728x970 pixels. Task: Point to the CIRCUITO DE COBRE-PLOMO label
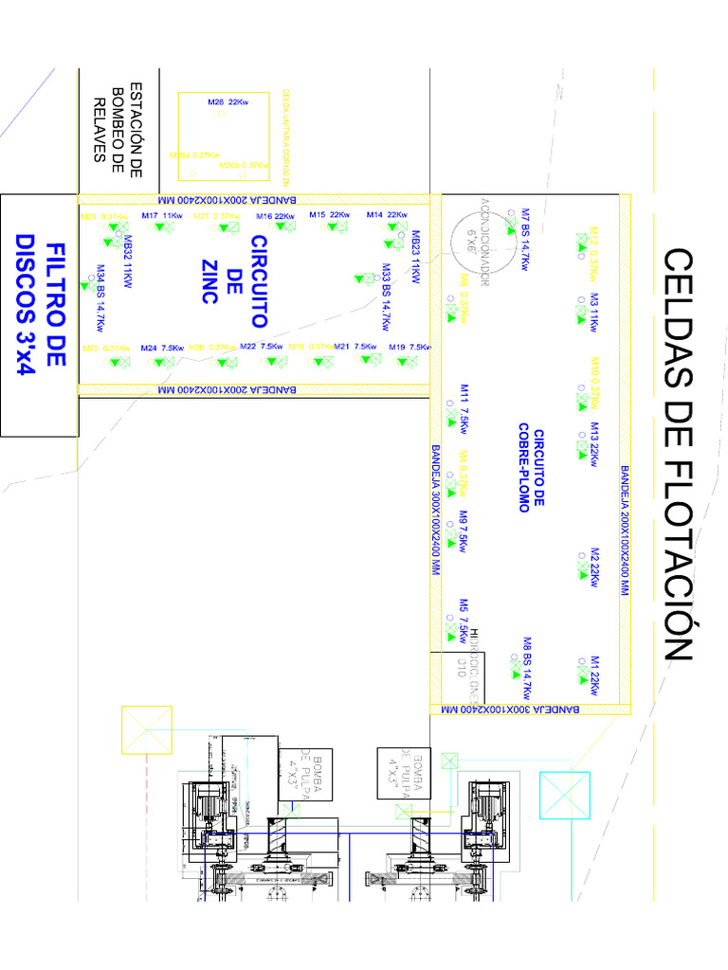pyautogui.click(x=531, y=470)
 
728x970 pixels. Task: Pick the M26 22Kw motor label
pyautogui.click(x=227, y=100)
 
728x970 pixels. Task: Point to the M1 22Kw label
pyautogui.click(x=594, y=674)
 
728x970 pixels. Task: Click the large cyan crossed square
pyautogui.click(x=565, y=797)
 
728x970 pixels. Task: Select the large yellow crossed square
pyautogui.click(x=146, y=730)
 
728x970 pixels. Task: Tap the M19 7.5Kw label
pyautogui.click(x=409, y=348)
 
